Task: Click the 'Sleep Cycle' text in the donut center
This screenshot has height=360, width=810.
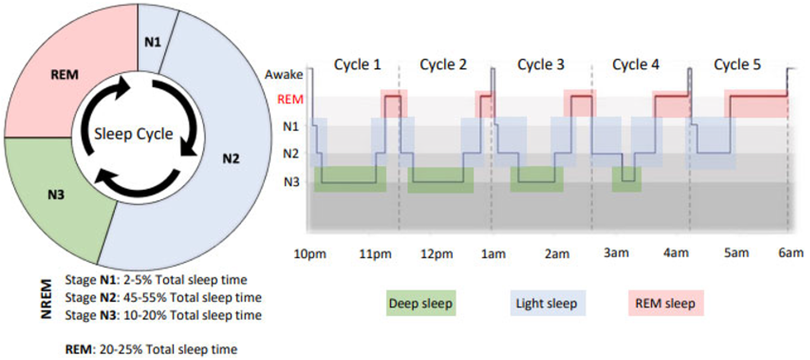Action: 134,134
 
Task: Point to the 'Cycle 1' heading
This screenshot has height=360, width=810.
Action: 357,64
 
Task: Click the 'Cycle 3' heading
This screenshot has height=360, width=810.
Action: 541,64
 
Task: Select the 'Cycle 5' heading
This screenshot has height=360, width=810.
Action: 737,64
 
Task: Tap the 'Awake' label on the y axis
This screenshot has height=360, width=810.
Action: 284,75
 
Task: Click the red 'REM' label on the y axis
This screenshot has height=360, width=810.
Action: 290,99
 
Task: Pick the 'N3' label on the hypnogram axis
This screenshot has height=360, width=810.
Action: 291,182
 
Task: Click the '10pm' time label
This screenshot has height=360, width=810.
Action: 310,254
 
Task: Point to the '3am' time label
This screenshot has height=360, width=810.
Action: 616,253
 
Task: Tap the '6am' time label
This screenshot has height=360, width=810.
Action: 791,253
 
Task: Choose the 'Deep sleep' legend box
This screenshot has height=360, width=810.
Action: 421,303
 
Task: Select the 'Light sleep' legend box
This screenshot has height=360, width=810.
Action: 548,303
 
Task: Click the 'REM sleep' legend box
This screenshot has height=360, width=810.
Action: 666,303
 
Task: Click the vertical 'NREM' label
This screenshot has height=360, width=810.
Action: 47,299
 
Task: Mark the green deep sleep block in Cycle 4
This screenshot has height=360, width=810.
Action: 627,179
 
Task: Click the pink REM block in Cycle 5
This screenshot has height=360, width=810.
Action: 756,104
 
